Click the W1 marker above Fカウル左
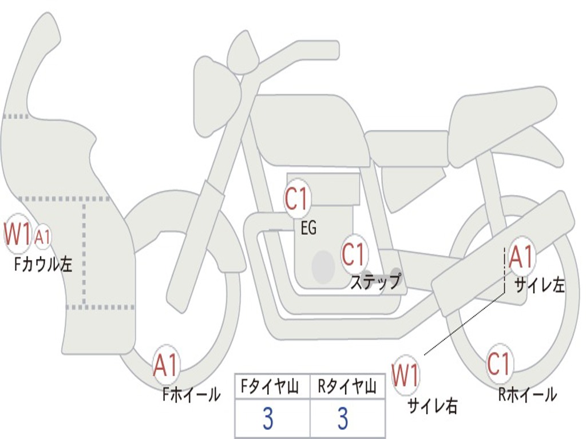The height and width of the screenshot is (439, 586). click(17, 233)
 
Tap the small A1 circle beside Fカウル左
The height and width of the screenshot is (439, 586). click(43, 236)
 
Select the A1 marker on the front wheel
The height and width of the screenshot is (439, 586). click(166, 365)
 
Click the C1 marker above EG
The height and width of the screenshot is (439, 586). click(297, 200)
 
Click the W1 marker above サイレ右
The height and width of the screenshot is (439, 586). click(406, 376)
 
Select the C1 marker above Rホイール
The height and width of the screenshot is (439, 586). click(499, 363)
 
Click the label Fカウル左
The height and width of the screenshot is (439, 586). click(44, 265)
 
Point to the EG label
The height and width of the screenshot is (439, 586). click(308, 229)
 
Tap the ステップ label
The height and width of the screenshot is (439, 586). click(375, 282)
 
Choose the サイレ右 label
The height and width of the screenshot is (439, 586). click(432, 405)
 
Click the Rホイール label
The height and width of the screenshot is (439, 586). click(527, 394)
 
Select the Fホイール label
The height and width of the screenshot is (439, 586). click(191, 394)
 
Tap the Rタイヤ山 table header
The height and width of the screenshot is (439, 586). click(347, 388)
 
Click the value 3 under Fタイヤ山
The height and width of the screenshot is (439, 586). click(268, 419)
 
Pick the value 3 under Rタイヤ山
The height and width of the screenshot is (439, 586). click(343, 419)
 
